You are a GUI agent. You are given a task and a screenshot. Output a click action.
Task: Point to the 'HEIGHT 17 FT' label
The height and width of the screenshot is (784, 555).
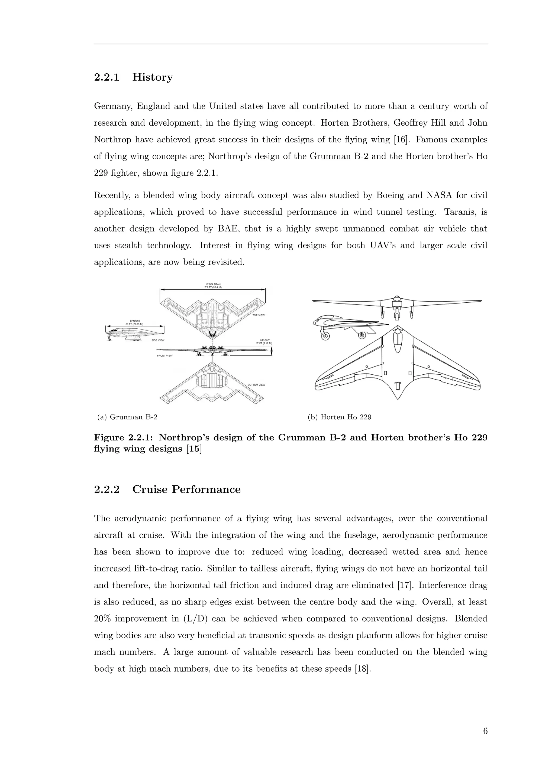264,341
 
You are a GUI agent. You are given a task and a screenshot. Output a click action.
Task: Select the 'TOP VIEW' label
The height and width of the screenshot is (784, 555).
258,315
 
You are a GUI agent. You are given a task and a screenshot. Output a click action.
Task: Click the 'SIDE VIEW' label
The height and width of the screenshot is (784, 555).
158,341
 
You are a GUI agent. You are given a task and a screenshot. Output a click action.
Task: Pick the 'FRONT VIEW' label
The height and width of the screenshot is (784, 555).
165,356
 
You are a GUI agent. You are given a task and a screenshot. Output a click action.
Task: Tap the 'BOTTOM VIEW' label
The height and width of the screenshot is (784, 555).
256,385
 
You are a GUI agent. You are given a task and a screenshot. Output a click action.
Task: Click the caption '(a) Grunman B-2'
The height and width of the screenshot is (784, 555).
127,417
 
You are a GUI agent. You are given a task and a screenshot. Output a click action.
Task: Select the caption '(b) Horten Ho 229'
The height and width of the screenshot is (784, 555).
339,417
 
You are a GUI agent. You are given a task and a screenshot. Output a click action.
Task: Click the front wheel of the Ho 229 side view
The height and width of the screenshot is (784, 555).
325,336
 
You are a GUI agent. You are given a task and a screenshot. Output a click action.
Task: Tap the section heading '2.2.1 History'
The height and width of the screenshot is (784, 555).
133,77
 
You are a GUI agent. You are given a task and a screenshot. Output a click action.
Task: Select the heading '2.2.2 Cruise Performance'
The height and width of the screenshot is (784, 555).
167,489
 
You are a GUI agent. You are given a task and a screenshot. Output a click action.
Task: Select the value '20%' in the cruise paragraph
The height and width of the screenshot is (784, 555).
102,619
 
